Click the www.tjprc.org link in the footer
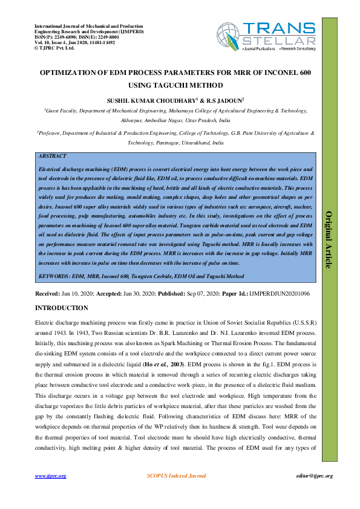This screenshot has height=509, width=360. point(50,476)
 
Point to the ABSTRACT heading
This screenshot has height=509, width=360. point(52,155)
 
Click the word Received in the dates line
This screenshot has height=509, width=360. point(47,293)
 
